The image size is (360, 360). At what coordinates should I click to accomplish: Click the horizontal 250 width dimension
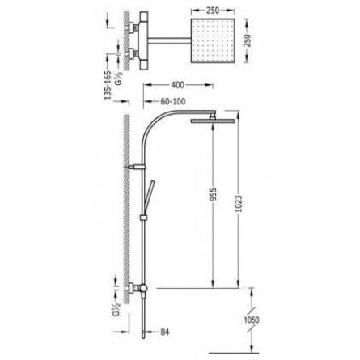click(213, 11)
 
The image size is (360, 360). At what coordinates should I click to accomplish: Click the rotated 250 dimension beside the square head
click(248, 40)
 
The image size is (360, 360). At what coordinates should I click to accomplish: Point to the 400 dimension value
click(178, 85)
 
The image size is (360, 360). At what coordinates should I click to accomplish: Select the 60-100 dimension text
click(173, 101)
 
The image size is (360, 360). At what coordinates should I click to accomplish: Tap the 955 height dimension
click(213, 194)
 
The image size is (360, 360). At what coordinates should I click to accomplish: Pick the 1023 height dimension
click(239, 203)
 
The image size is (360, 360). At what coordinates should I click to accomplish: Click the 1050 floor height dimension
click(252, 320)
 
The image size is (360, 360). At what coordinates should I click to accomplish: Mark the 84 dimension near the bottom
click(165, 332)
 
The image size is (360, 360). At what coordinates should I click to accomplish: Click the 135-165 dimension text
click(108, 86)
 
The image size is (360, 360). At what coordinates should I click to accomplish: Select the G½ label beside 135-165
click(119, 78)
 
